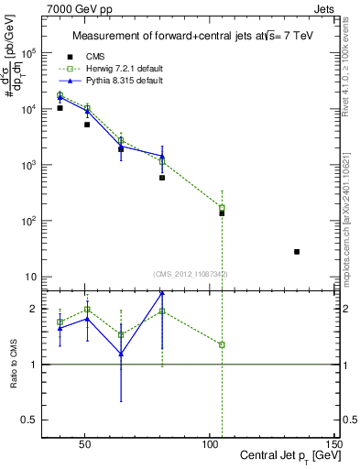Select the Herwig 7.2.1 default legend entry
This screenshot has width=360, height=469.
coord(124,68)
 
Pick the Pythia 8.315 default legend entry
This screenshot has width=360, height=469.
coord(124,81)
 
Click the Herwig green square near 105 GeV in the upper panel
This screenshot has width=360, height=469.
coord(222,208)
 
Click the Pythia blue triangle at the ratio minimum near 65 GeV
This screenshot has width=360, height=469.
coord(121,354)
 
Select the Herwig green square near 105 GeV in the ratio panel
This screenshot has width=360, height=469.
coord(222,344)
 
